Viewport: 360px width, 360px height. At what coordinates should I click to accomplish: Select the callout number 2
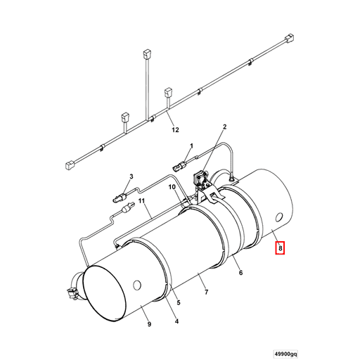[224, 127]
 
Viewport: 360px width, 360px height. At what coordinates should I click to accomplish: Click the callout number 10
[172, 187]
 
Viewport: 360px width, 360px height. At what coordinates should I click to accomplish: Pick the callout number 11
[141, 208]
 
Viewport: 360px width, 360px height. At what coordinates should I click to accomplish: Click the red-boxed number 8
[280, 247]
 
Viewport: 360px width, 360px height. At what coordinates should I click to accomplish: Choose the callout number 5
[179, 304]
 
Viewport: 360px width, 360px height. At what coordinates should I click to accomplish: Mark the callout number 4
[176, 322]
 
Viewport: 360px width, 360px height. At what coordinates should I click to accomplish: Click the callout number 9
[149, 324]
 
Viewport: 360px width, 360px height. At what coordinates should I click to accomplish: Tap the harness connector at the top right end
[289, 39]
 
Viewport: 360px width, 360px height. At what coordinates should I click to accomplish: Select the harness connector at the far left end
[70, 166]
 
